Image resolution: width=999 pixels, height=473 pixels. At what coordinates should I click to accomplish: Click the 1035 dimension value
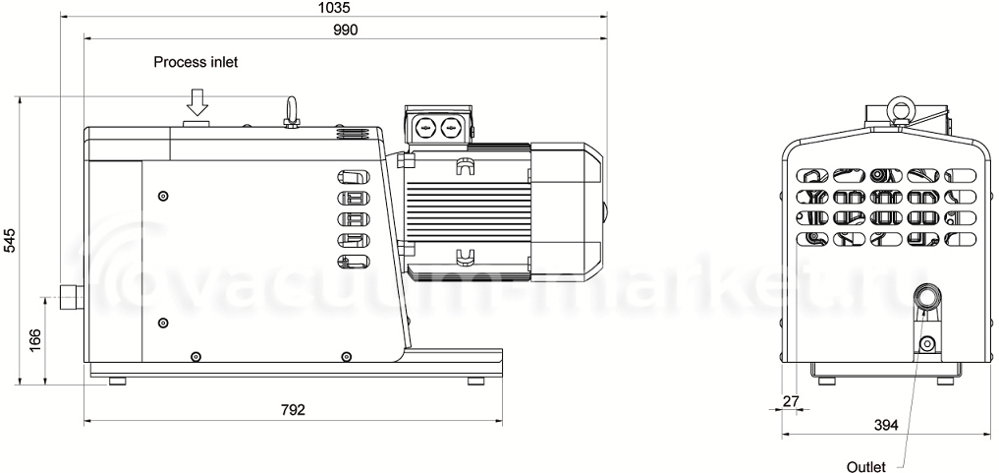[x=333, y=8]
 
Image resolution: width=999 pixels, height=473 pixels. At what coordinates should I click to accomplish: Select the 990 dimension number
[x=346, y=30]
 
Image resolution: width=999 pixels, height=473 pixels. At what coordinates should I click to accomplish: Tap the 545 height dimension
[x=11, y=241]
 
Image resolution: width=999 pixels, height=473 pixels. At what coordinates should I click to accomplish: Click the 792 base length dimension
[x=293, y=409]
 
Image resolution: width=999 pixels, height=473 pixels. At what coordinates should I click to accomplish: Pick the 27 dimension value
[x=790, y=401]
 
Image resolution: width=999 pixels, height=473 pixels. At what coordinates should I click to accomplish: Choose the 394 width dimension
[x=886, y=425]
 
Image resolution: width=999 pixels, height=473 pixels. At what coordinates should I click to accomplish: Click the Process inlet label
[x=195, y=62]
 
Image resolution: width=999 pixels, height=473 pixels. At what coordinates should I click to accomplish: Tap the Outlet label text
[x=865, y=467]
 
